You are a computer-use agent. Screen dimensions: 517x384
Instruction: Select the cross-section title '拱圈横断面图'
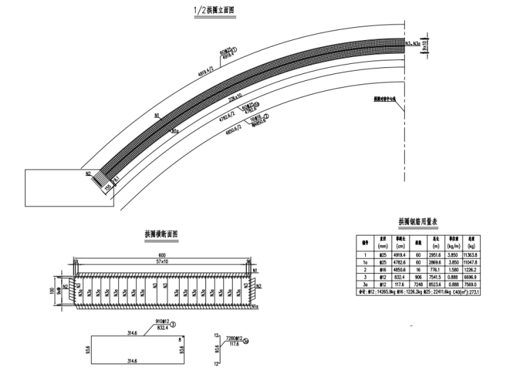point(161,234)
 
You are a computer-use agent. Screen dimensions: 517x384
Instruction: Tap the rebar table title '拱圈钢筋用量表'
point(422,222)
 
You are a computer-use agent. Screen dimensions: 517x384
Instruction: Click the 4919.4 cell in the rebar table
point(403,255)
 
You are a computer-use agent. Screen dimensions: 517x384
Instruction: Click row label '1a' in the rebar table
point(365,262)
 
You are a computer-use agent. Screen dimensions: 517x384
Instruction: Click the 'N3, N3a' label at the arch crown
point(414,46)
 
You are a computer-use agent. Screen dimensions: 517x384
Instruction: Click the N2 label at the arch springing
point(88,174)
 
